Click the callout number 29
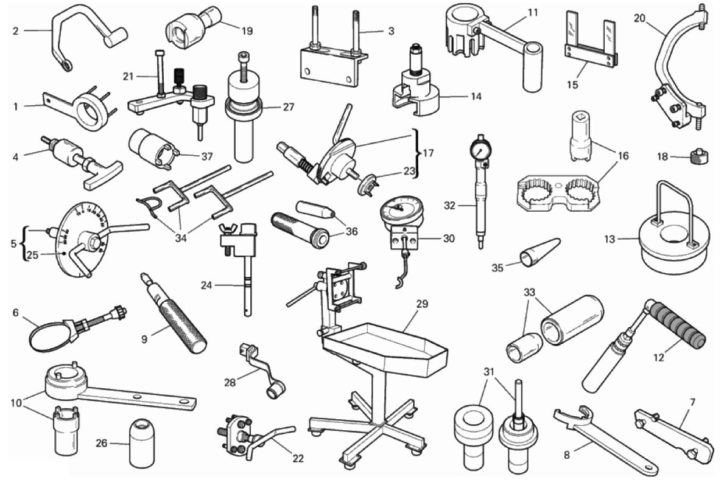pyautogui.click(x=422, y=304)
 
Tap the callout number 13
pyautogui.click(x=609, y=239)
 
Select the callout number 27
pyautogui.click(x=289, y=107)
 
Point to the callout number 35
pyautogui.click(x=497, y=268)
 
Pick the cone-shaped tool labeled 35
pyautogui.click(x=541, y=252)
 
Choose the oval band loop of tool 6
pyautogui.click(x=47, y=333)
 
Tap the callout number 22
pyautogui.click(x=298, y=458)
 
